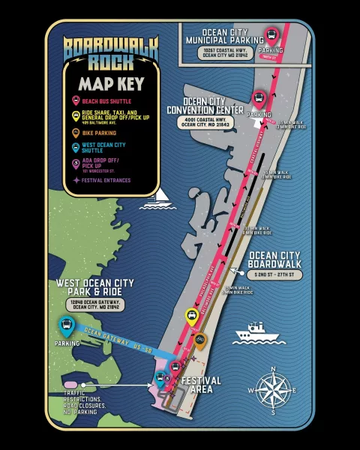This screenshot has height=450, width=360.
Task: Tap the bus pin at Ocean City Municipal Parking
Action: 271,34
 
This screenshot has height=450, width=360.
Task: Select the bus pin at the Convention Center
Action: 259,98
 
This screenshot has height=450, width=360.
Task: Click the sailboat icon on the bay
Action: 159,197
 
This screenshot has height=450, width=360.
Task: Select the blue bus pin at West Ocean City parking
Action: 67,325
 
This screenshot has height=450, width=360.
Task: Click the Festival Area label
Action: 202,385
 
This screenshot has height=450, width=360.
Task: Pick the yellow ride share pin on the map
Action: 191,316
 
